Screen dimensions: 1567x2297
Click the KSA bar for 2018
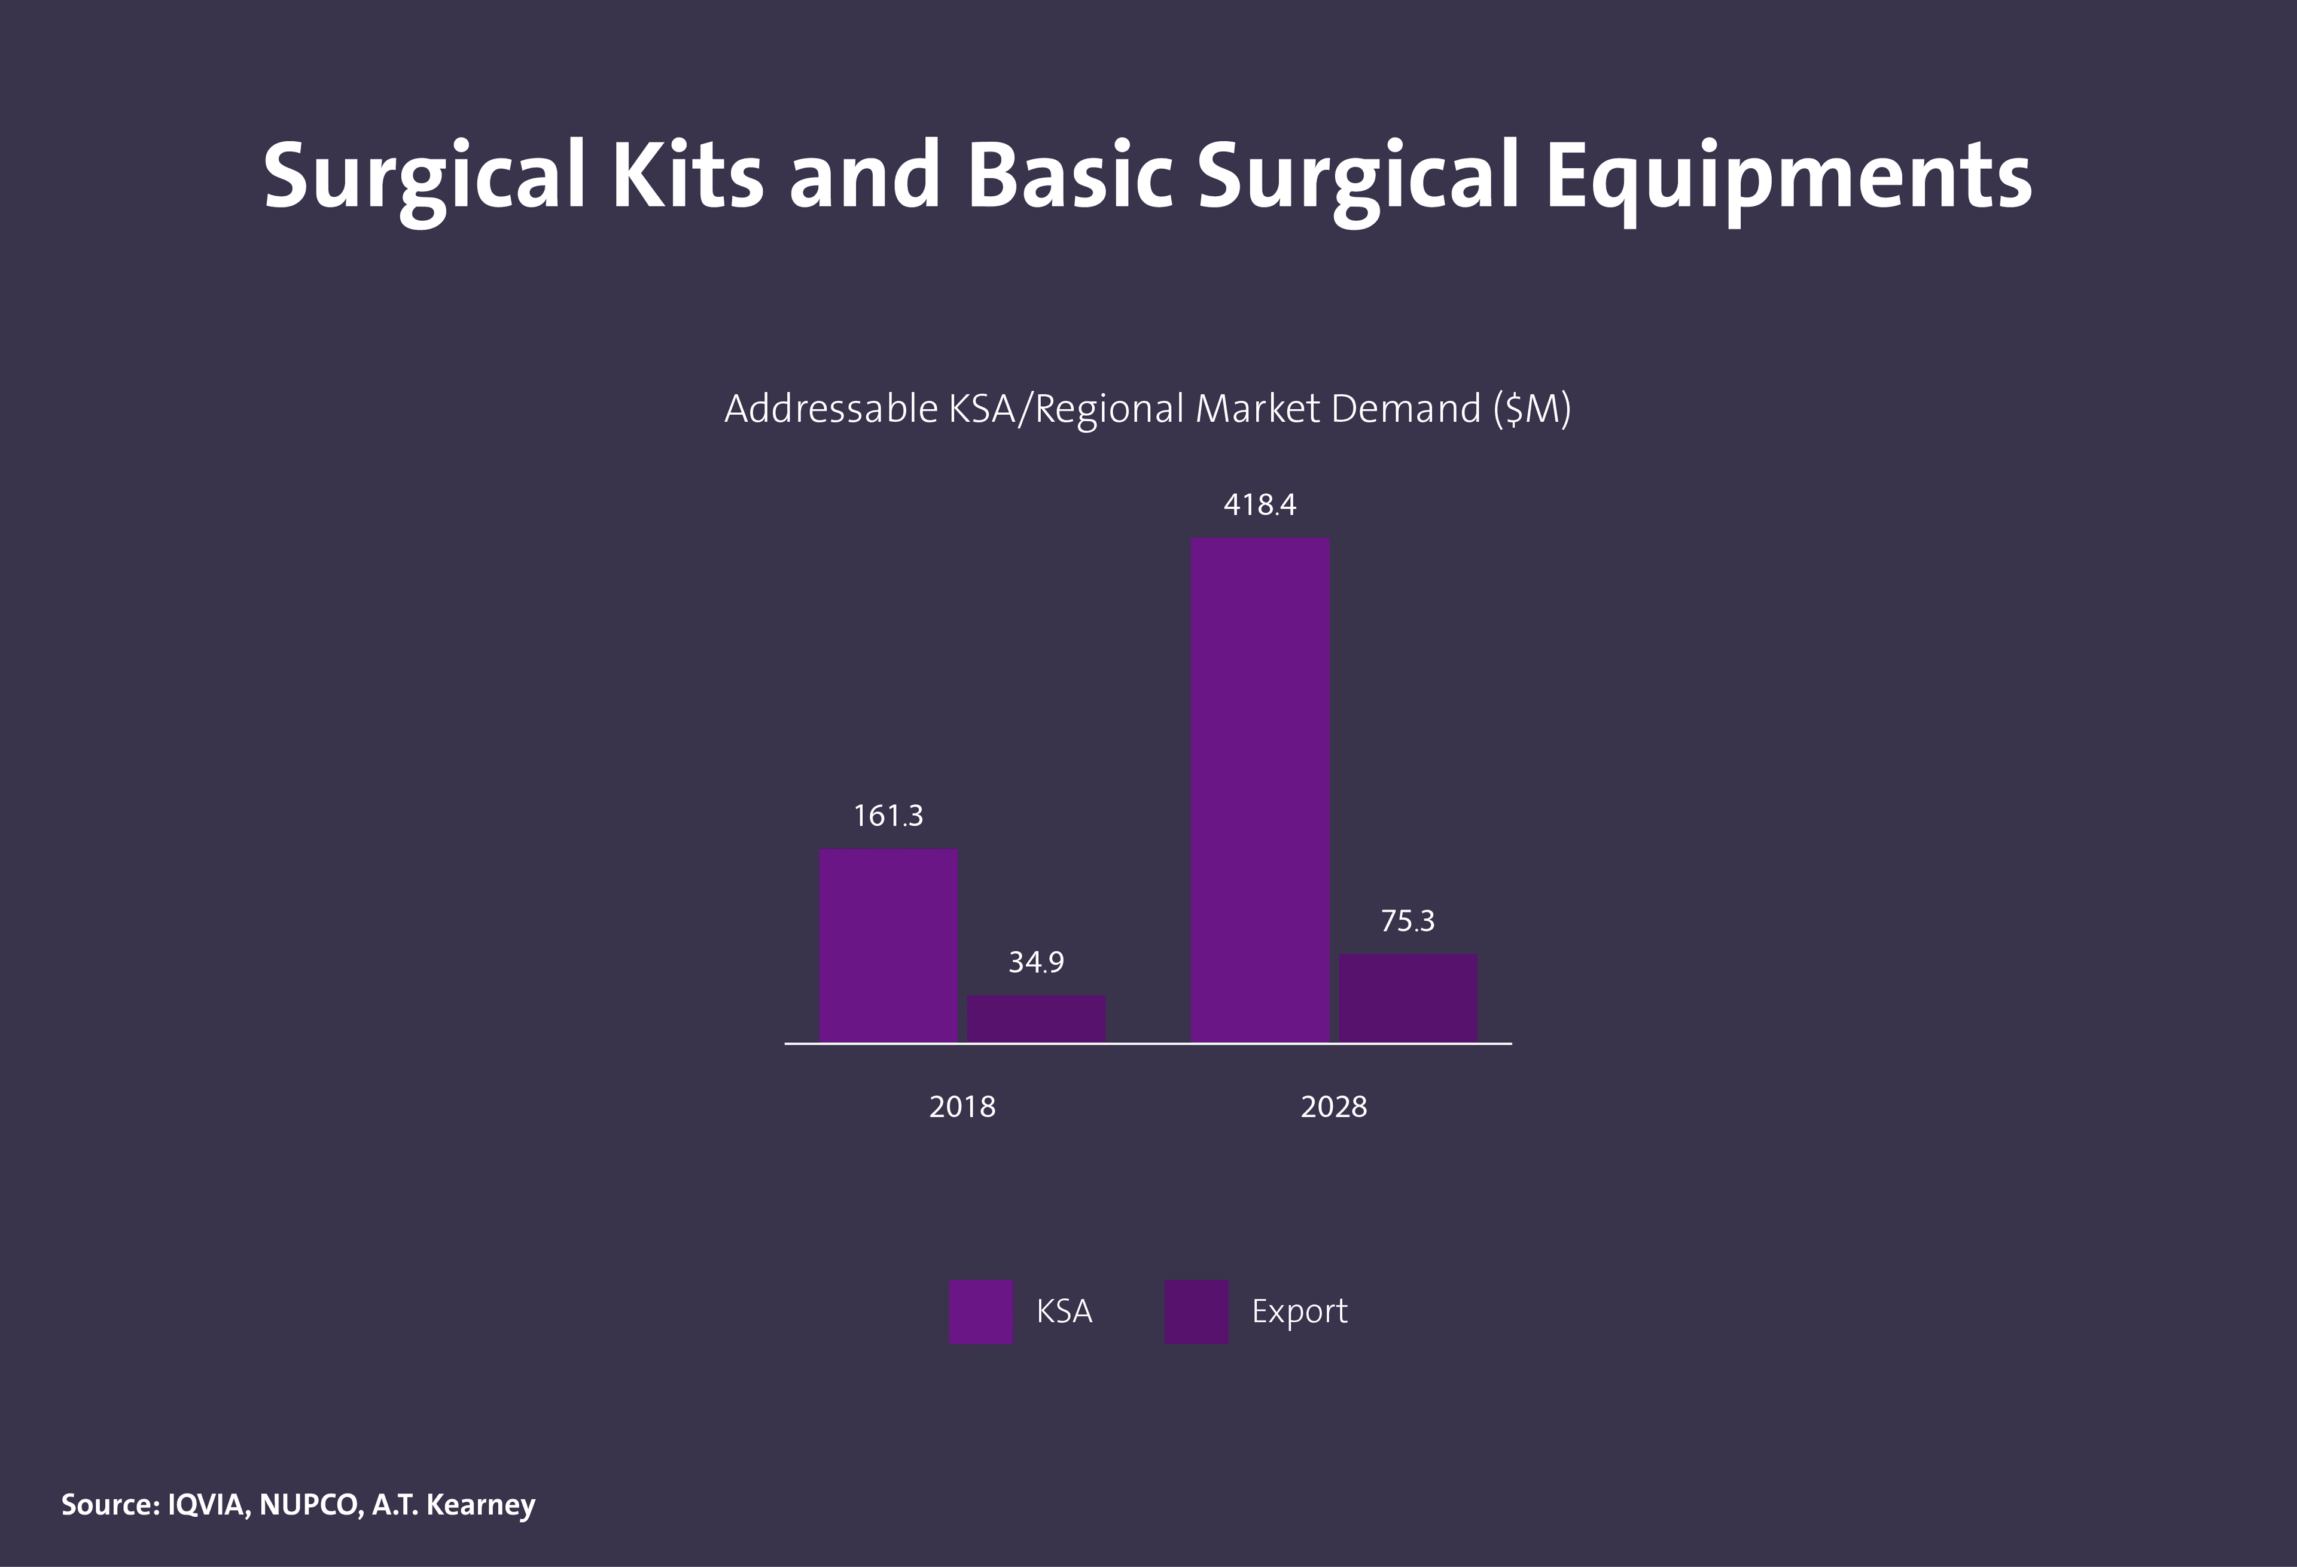tap(888, 945)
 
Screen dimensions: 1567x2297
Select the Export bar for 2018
tap(1036, 1018)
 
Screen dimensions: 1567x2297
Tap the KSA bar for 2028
tap(1260, 789)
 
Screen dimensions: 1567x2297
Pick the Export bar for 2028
tap(1408, 997)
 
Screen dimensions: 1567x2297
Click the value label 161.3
tap(888, 816)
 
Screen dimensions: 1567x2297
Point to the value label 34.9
tap(1036, 962)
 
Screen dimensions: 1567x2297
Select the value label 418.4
tap(1259, 505)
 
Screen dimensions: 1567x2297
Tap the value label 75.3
tap(1408, 921)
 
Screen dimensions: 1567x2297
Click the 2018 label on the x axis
tap(962, 1106)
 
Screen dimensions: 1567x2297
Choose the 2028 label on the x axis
tap(1333, 1106)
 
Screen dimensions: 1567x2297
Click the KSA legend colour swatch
tap(980, 1311)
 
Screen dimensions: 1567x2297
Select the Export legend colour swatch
tap(1196, 1311)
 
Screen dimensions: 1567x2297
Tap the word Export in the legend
tap(1299, 1311)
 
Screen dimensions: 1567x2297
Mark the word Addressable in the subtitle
tap(830, 408)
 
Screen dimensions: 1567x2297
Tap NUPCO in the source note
tap(309, 1505)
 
